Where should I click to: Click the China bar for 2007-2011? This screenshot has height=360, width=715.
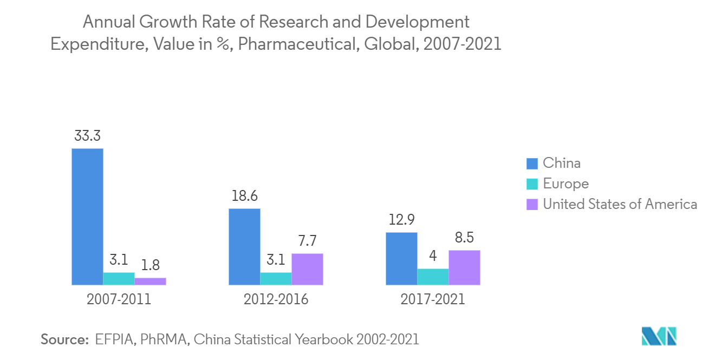[87, 217]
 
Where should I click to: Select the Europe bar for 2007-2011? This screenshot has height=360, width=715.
[119, 278]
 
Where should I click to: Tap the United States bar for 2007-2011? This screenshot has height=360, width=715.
[150, 281]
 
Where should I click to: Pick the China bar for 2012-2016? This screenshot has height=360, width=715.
[244, 246]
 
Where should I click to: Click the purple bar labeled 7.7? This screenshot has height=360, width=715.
[307, 269]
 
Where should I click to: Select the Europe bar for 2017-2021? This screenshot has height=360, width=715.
[433, 277]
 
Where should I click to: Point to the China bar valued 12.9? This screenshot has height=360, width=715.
[401, 258]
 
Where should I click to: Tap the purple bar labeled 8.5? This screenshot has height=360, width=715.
[464, 267]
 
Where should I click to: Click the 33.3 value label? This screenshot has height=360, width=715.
[87, 136]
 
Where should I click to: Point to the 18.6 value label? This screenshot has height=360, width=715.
[244, 197]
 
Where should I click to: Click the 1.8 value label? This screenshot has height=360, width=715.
[150, 266]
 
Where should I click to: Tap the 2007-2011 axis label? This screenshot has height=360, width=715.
[119, 299]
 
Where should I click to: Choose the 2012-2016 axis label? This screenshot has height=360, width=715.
[276, 299]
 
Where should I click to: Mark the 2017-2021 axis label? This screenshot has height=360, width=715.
[433, 299]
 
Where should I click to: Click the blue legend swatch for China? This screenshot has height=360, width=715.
[532, 163]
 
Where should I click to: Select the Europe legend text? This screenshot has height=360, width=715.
[565, 184]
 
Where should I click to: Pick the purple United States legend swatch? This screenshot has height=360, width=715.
[532, 205]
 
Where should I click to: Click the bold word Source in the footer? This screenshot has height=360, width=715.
[64, 339]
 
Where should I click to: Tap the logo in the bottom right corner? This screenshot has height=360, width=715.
[659, 337]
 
